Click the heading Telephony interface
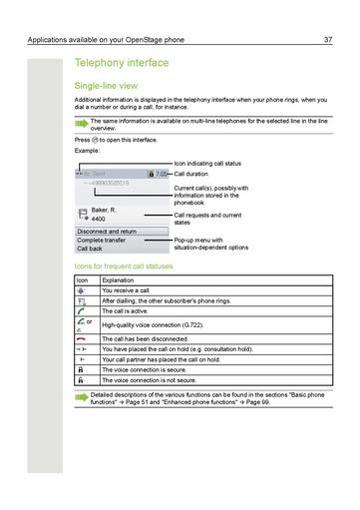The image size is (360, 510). tap(121, 63)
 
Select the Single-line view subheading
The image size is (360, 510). tap(108, 87)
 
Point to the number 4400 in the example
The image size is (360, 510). tap(100, 218)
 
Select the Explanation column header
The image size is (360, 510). tap(120, 280)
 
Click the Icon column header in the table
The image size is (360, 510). tap(83, 280)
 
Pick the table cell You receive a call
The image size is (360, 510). tap(126, 290)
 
